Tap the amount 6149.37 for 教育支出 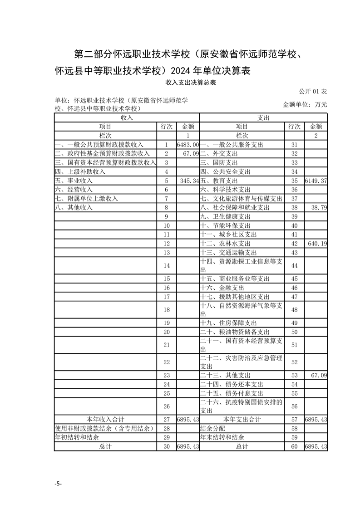[316, 181]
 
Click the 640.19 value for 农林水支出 [317, 244]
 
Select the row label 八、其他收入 [74, 207]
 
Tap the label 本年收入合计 [105, 419]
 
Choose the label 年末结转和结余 [222, 437]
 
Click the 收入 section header [127, 117]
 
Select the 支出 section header [263, 117]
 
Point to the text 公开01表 [313, 91]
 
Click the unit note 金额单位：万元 [305, 104]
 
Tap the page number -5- [58, 484]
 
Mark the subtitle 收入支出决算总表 [190, 83]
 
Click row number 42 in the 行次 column [294, 244]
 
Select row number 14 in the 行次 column [167, 265]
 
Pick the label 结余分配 [212, 428]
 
